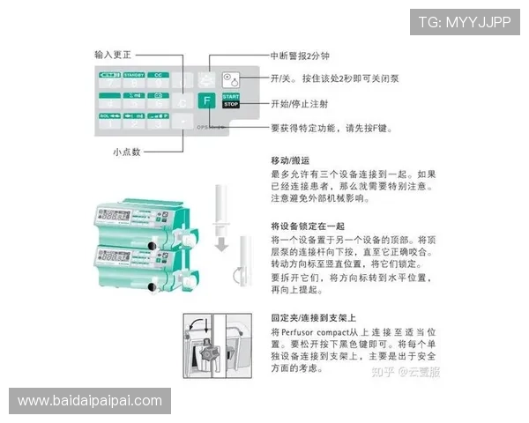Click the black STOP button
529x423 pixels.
(x=231, y=105)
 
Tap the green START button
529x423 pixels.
(x=231, y=95)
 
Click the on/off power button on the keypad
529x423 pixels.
(x=232, y=78)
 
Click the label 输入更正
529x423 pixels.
(x=119, y=55)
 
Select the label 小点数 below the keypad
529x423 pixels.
(x=126, y=152)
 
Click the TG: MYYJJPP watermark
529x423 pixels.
(x=464, y=21)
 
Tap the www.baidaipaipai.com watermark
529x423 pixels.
(x=90, y=401)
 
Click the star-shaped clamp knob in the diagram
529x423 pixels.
(x=208, y=358)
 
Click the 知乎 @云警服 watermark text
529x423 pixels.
(x=405, y=372)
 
